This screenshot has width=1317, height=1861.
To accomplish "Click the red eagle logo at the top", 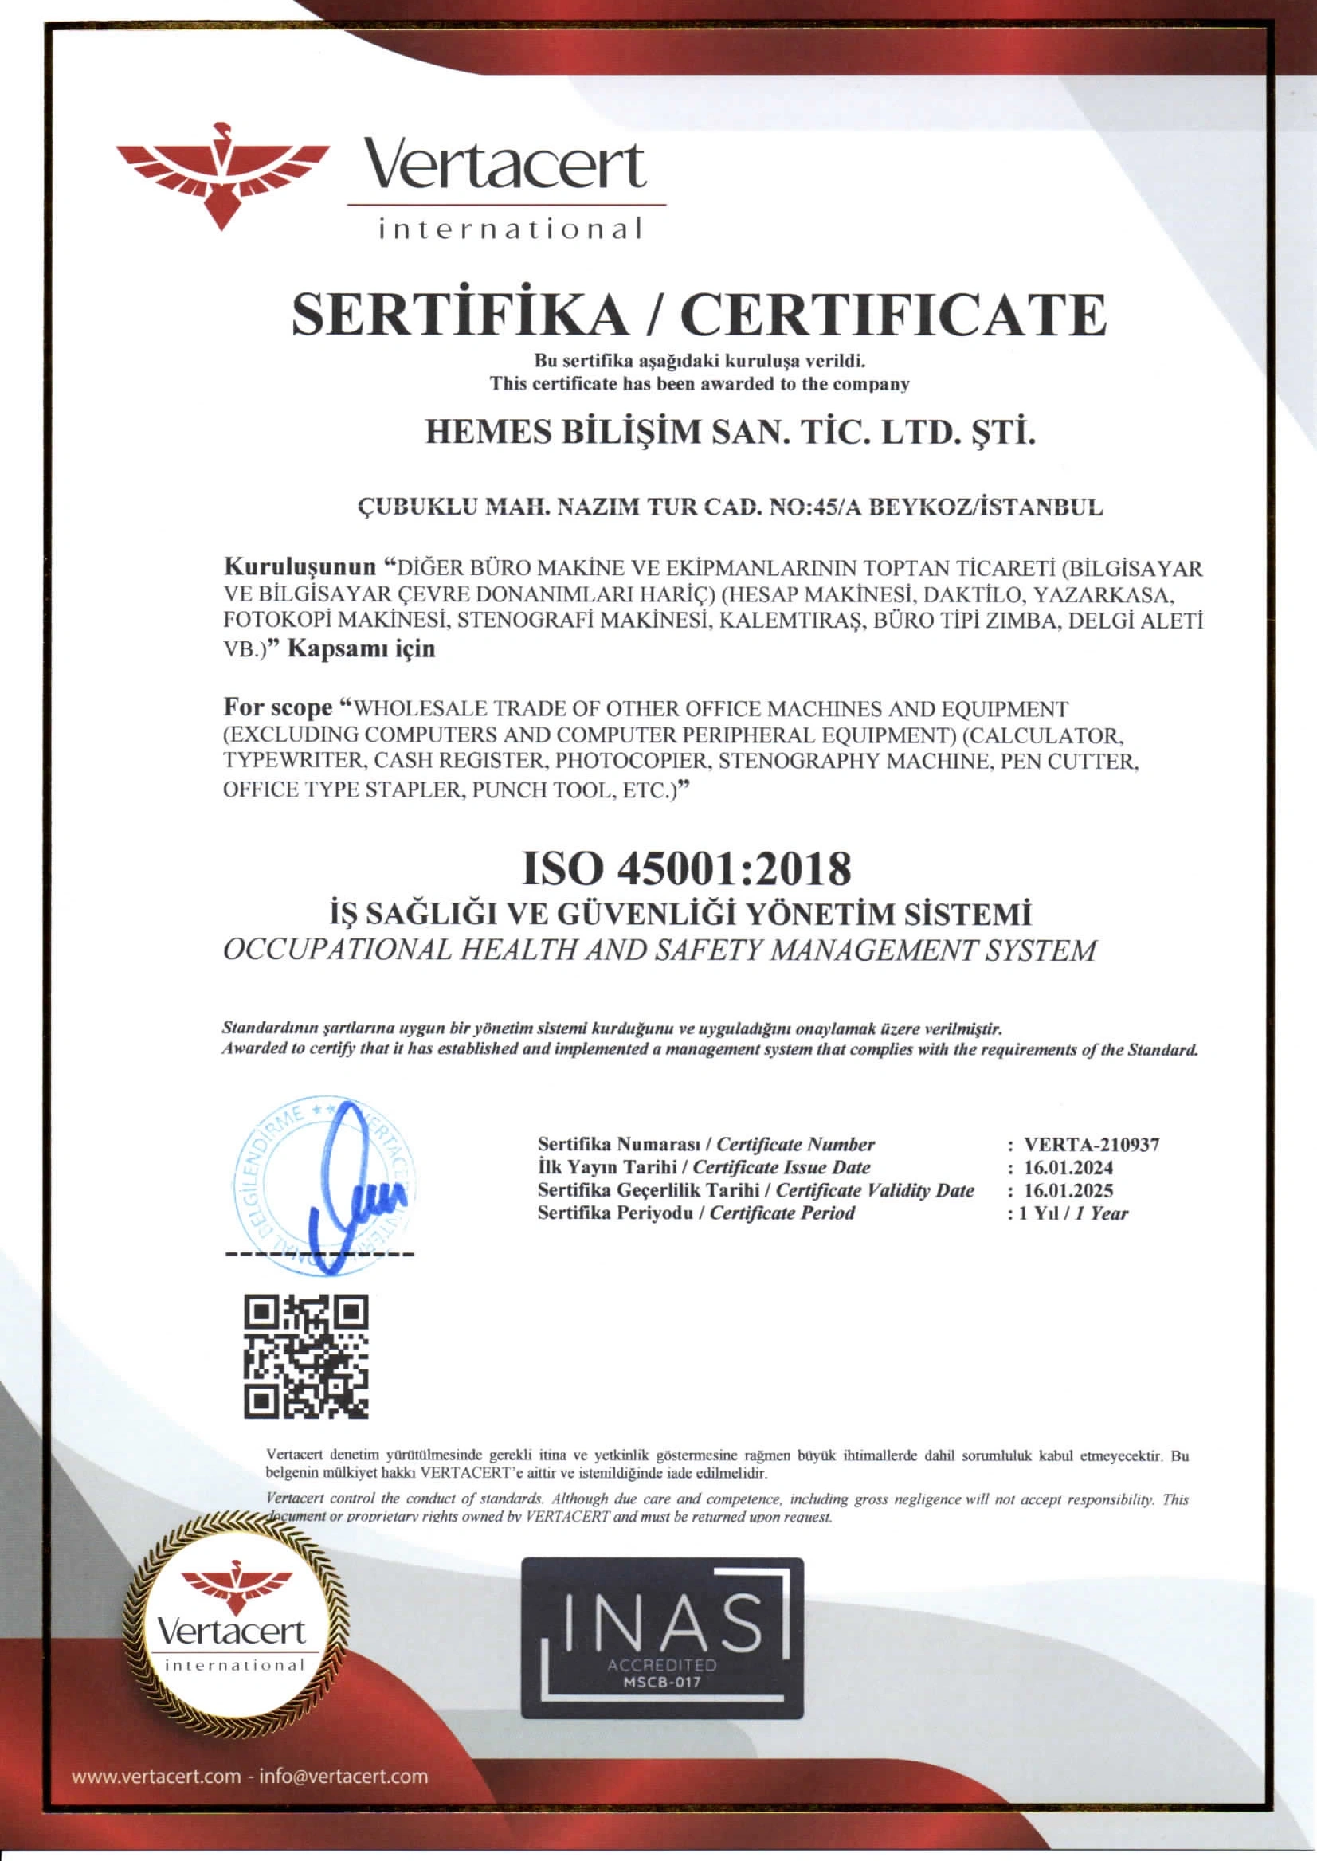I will coord(222,174).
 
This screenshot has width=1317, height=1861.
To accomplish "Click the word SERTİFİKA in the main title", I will coord(459,315).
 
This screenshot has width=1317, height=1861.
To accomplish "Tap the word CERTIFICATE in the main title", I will coord(896,315).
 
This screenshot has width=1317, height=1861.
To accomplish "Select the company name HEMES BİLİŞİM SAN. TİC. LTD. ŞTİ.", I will coord(731,433).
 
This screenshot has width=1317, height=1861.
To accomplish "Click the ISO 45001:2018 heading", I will coord(686,868).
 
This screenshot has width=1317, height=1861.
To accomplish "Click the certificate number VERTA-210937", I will coord(1092,1145).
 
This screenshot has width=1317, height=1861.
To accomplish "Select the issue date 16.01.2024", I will coord(1069,1168).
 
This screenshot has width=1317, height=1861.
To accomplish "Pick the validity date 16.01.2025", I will coord(1069,1190).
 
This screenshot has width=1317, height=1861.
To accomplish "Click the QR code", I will coord(307,1357).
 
